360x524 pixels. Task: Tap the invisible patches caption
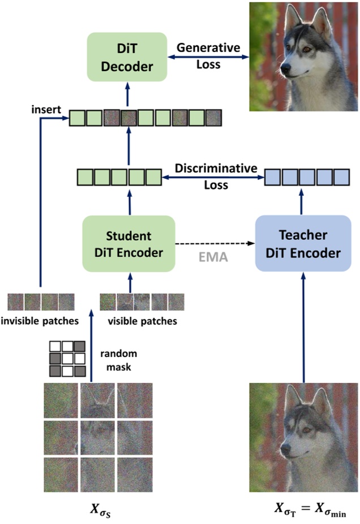click(x=41, y=321)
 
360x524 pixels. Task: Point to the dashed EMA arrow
click(x=215, y=244)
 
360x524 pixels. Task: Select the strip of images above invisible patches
click(x=41, y=302)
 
